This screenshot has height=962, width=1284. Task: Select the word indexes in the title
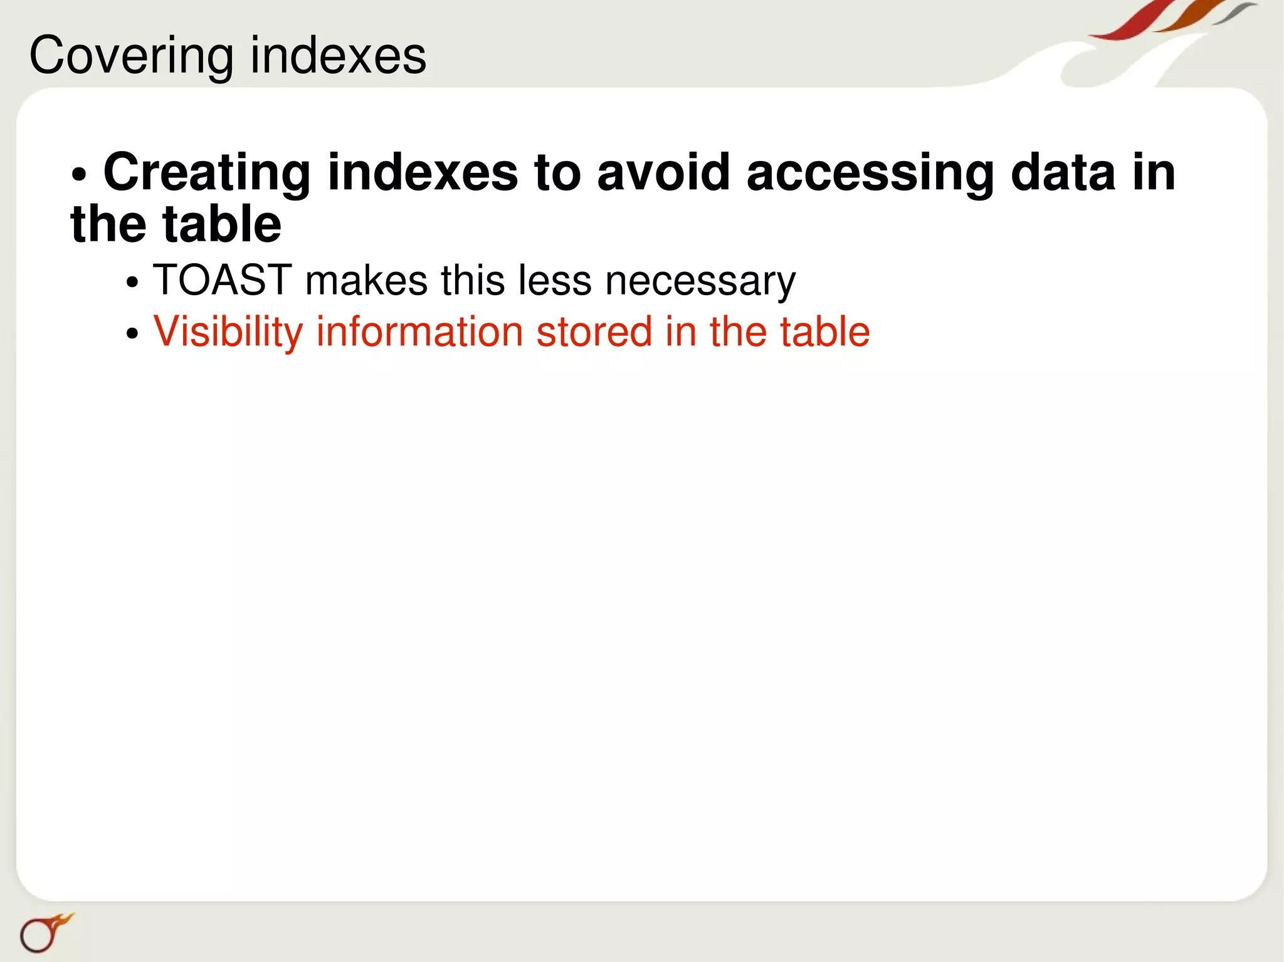pyautogui.click(x=339, y=55)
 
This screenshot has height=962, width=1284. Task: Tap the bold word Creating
pyautogui.click(x=207, y=172)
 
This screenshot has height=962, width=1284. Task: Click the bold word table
pyautogui.click(x=222, y=224)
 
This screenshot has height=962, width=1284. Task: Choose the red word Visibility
pyautogui.click(x=228, y=332)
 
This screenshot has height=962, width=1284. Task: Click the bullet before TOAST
pyautogui.click(x=132, y=282)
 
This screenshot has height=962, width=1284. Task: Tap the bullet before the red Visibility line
pyautogui.click(x=132, y=333)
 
